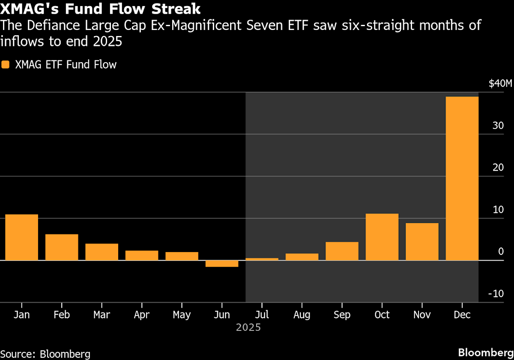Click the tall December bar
(x=462, y=178)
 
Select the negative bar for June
(x=222, y=264)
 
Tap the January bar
(x=21, y=237)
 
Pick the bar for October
(x=382, y=237)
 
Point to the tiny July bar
(x=262, y=259)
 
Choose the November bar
(x=422, y=241)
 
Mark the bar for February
(x=62, y=247)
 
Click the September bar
(x=342, y=251)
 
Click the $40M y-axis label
(x=499, y=84)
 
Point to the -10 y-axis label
(x=497, y=294)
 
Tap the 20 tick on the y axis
(x=498, y=168)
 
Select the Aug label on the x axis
(x=302, y=315)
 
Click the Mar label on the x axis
(x=102, y=315)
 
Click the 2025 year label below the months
(x=248, y=328)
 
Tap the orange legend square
(x=5, y=65)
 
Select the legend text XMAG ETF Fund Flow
(x=66, y=65)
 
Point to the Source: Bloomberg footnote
(x=45, y=354)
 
